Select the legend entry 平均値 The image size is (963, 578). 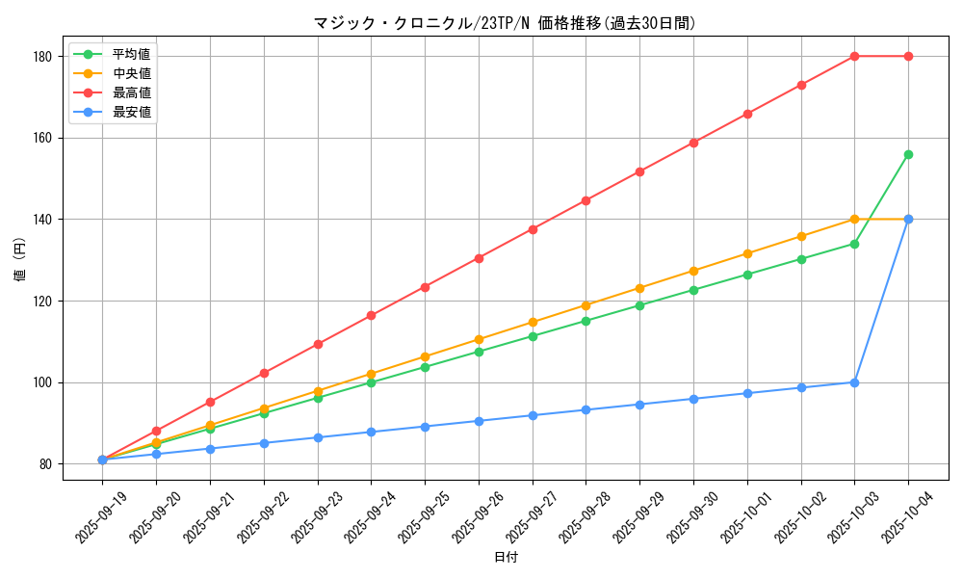click(131, 54)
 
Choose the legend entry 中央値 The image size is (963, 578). click(131, 73)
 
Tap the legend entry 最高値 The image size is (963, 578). click(131, 92)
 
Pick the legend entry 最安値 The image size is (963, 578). click(131, 112)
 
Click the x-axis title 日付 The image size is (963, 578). click(506, 558)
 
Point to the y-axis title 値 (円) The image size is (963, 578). click(20, 260)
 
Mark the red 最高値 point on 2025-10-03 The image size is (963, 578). click(854, 56)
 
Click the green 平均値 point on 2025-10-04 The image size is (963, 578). click(908, 154)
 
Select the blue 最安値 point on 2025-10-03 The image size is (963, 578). click(854, 382)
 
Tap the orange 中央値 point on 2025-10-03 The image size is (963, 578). click(854, 220)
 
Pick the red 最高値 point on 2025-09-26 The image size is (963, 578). click(479, 258)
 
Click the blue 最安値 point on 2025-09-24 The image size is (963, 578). click(371, 432)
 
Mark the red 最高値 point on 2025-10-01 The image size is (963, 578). click(747, 114)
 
